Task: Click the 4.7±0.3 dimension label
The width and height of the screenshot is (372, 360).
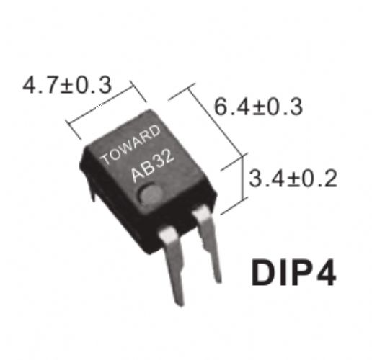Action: click(x=67, y=85)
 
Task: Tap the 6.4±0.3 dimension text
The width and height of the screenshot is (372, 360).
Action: click(x=258, y=107)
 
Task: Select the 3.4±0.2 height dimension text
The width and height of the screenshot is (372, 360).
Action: click(x=293, y=178)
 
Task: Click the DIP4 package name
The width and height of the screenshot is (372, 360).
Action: click(x=293, y=272)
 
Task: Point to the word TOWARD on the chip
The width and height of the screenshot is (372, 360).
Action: click(x=130, y=145)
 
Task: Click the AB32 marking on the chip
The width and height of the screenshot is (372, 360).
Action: click(x=152, y=166)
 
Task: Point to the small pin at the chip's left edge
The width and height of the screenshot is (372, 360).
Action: click(x=92, y=189)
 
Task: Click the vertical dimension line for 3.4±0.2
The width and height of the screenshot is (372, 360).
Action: click(x=243, y=178)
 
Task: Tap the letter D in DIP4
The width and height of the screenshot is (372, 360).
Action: click(x=262, y=272)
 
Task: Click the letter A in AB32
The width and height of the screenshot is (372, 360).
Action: click(x=137, y=174)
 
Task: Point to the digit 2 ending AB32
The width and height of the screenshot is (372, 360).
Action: click(x=168, y=156)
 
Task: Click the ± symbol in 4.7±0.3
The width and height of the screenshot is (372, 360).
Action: click(x=67, y=86)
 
